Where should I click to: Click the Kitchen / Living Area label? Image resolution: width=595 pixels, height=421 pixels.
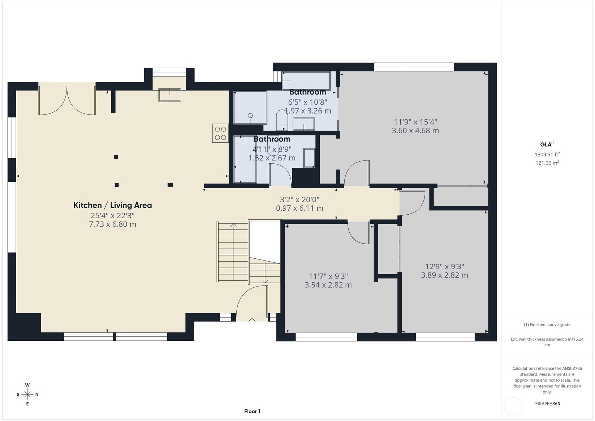[112, 205]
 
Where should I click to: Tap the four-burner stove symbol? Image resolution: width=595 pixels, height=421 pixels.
[220, 133]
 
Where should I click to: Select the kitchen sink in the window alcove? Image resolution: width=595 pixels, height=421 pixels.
[170, 95]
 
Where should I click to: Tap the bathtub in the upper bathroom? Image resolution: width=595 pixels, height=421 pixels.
[306, 81]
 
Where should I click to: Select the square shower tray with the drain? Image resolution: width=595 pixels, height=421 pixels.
[250, 108]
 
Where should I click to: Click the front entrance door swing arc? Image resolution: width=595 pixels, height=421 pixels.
[249, 300]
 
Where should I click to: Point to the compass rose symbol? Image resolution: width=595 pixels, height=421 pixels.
[27, 394]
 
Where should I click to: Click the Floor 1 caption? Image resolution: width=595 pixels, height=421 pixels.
[252, 411]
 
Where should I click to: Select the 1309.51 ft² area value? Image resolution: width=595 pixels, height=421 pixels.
[547, 155]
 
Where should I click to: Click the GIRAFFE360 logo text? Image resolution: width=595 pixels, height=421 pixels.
[547, 404]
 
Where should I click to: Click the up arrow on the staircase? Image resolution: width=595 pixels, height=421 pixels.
[233, 226]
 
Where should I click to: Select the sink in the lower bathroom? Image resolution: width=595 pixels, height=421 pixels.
[309, 158]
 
